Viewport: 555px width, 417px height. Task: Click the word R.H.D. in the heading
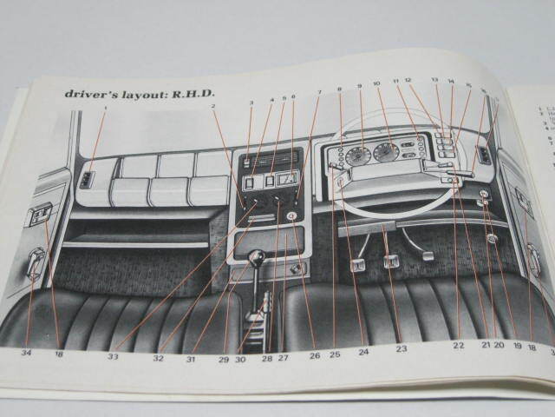coord(194,93)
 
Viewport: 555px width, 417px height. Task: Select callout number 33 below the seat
coord(114,356)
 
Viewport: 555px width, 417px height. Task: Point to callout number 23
coord(401,348)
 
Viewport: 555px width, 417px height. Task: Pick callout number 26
coord(314,355)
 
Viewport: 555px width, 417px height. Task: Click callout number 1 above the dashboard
coord(105,108)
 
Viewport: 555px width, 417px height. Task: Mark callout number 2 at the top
coord(213,107)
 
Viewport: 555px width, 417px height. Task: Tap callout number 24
coord(363,352)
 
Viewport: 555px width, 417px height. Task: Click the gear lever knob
coord(257,257)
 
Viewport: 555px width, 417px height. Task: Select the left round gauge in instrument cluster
coord(357,156)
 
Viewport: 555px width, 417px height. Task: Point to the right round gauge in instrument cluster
coord(386,153)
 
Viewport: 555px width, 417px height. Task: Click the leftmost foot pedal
coord(357,264)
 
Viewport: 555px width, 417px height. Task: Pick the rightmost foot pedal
coord(427,255)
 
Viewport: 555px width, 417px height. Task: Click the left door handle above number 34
coord(36,262)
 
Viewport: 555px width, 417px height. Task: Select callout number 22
coord(457,346)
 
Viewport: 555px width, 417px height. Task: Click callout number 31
coord(191,358)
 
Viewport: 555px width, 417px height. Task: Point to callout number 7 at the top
coord(319,92)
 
